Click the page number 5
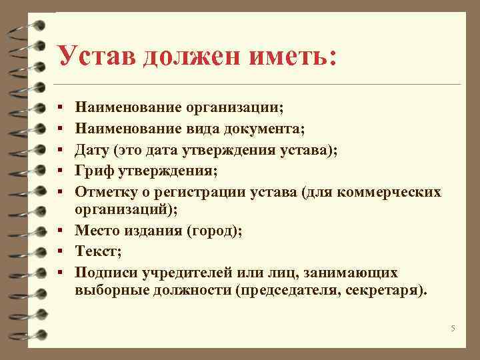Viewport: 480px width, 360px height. click(453, 329)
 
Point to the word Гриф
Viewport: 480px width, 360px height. click(96, 171)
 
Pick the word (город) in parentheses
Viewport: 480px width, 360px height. click(216, 232)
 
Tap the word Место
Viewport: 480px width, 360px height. click(97, 232)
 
